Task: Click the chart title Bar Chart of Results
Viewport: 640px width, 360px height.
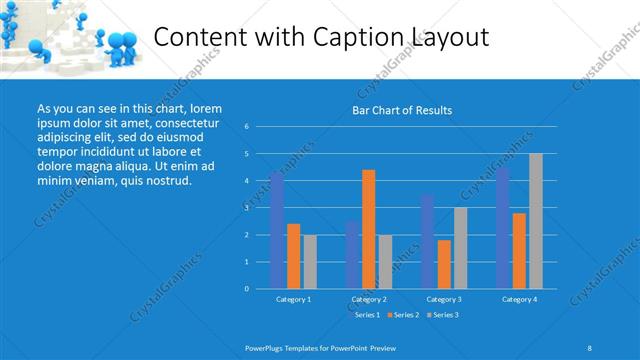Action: coord(403,110)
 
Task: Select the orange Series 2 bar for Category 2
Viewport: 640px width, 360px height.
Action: coord(369,229)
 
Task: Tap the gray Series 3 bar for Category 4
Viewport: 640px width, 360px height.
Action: coord(536,221)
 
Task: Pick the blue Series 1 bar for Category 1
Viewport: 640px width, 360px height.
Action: coord(277,230)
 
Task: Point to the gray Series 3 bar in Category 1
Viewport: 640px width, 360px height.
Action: coord(310,262)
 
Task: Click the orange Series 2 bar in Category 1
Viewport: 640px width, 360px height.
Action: coord(293,256)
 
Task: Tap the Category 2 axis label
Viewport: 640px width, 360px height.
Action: coord(369,299)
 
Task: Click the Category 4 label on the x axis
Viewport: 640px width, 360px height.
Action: coord(519,299)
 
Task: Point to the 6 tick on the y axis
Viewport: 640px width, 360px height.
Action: coord(247,127)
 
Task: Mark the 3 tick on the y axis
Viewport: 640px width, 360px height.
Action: coord(247,208)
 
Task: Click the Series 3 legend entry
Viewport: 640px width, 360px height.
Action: coord(443,315)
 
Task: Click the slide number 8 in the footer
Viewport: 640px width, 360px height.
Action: coord(589,347)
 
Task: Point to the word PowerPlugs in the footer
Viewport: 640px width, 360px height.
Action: coord(265,347)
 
